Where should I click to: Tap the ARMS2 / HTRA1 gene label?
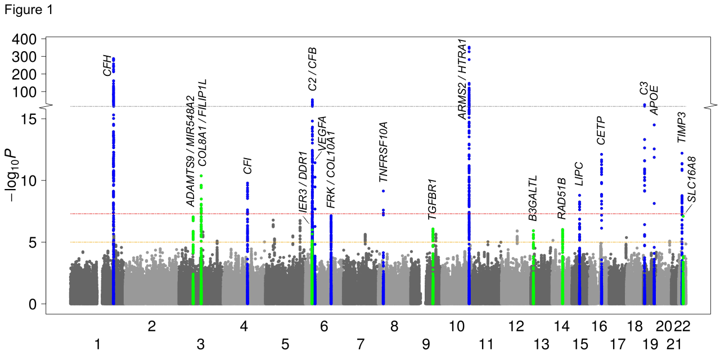pyautogui.click(x=462, y=79)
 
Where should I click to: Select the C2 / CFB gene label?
pyautogui.click(x=312, y=69)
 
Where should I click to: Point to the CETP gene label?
pyautogui.click(x=601, y=130)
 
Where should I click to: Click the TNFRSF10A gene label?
pyautogui.click(x=384, y=151)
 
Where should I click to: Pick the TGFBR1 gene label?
pyautogui.click(x=432, y=200)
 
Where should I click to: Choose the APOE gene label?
pyautogui.click(x=654, y=101)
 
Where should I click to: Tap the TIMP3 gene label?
pyautogui.click(x=681, y=127)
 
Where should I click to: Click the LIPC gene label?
pyautogui.click(x=579, y=174)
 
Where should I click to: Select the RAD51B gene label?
pyautogui.click(x=561, y=198)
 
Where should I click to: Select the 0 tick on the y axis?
pyautogui.click(x=33, y=304)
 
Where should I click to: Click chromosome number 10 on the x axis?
pyautogui.click(x=456, y=326)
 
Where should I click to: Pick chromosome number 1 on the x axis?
pyautogui.click(x=98, y=344)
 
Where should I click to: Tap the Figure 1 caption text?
pyautogui.click(x=28, y=10)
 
